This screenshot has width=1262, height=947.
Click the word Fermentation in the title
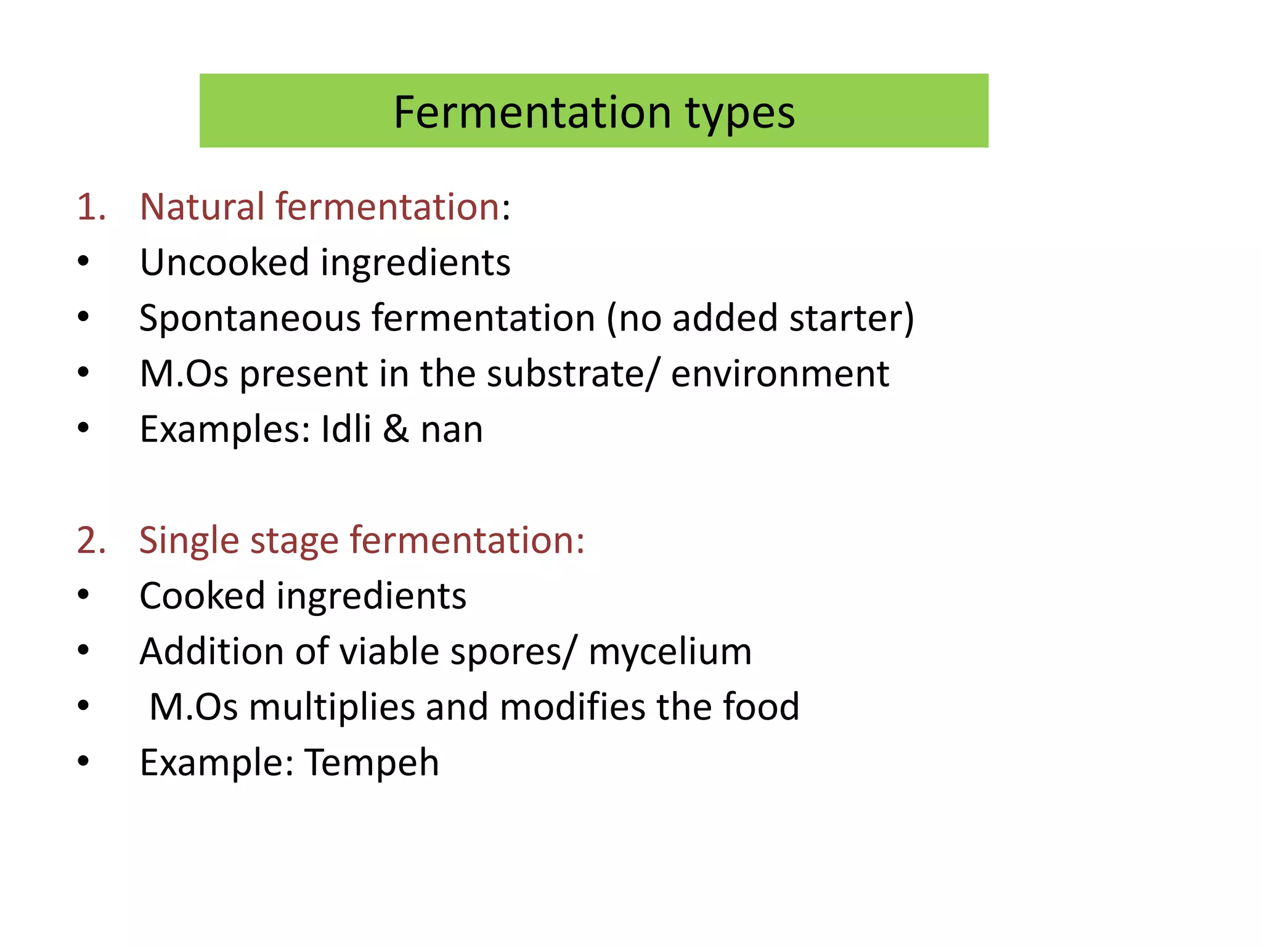[532, 113]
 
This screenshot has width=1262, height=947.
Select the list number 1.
[91, 207]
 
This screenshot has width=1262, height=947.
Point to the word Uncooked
[224, 263]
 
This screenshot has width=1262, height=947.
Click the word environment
[780, 374]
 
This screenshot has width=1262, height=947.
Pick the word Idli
[346, 429]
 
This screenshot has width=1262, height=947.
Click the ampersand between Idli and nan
[396, 429]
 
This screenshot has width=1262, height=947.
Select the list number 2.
[91, 541]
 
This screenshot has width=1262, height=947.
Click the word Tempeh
[372, 763]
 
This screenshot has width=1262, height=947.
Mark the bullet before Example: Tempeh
[83, 761]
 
